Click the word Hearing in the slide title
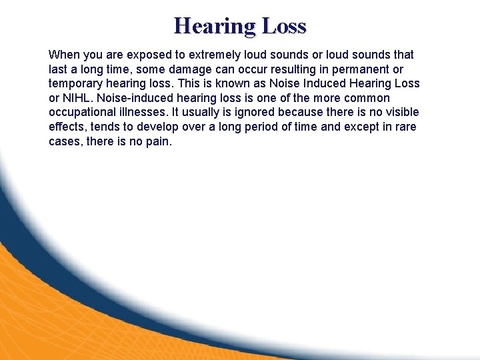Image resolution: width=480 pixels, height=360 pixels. pos(214,26)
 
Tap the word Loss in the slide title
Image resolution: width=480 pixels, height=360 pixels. pos(284,26)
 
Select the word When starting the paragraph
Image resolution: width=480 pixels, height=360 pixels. pos(63,54)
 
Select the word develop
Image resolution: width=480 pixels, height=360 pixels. pos(159,127)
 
